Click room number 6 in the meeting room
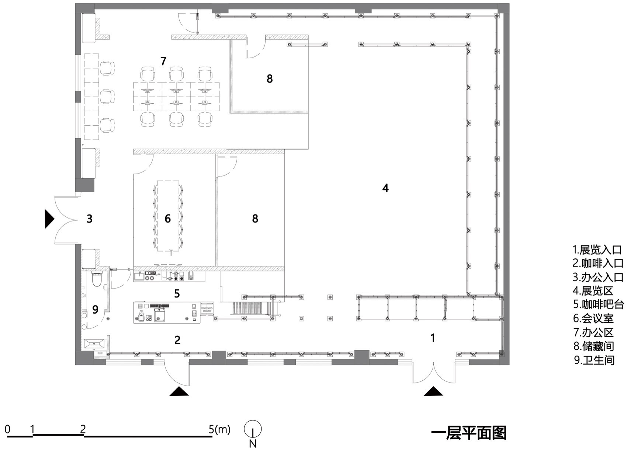(x=168, y=219)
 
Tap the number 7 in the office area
(x=163, y=61)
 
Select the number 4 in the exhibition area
(x=385, y=188)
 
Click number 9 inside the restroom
(x=95, y=310)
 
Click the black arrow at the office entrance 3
(x=49, y=219)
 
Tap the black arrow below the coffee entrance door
(x=179, y=391)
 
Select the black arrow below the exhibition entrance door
(x=433, y=391)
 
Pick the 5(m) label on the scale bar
(x=219, y=429)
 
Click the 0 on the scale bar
(x=7, y=429)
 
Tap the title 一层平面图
(x=468, y=433)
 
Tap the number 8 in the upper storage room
(x=270, y=79)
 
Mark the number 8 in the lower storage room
(x=255, y=219)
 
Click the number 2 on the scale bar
(x=83, y=429)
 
